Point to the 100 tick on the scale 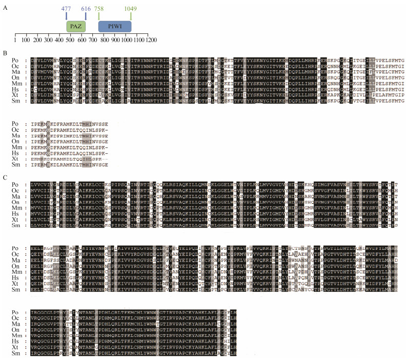pyautogui.click(x=27, y=39)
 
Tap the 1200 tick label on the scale pyautogui.click(x=150, y=39)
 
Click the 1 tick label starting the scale pyautogui.click(x=15, y=39)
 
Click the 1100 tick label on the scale pyautogui.click(x=138, y=39)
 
